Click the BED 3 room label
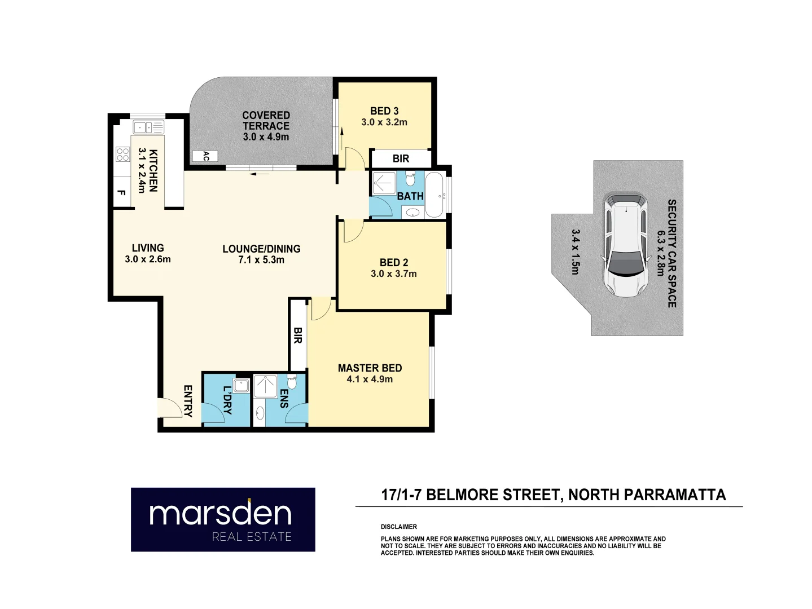tap(384, 111)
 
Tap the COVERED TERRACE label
tap(266, 121)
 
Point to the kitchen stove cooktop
tap(122, 154)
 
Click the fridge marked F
tap(121, 192)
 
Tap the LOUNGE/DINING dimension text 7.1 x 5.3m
tap(261, 260)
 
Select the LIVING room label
tap(148, 248)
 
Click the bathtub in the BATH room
tap(434, 195)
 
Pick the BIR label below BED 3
tap(401, 158)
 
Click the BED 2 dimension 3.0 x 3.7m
tap(394, 274)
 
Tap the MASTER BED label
tap(370, 368)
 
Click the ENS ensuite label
tap(284, 398)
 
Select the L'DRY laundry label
tap(227, 400)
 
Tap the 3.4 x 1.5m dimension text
tap(575, 251)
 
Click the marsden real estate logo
tap(223, 519)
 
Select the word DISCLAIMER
tap(398, 527)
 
